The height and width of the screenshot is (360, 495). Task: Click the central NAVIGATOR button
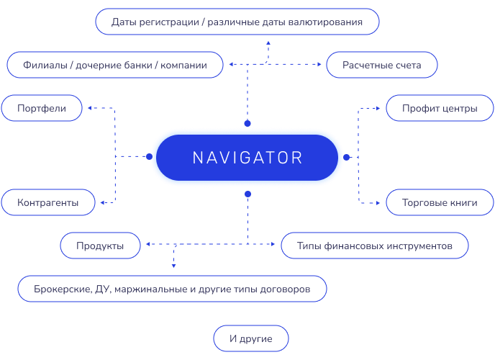click(247, 158)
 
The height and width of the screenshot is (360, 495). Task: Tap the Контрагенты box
click(47, 203)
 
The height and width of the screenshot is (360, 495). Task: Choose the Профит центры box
click(440, 109)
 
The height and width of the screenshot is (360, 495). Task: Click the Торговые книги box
click(440, 203)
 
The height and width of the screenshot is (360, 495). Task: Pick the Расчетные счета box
click(382, 66)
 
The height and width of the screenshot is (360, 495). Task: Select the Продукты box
click(100, 246)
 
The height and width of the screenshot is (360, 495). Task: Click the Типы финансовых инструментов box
click(375, 246)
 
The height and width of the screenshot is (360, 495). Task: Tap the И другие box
click(251, 338)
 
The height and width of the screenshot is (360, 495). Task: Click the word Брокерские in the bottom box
click(62, 289)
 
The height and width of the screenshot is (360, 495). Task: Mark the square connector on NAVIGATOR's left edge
click(149, 156)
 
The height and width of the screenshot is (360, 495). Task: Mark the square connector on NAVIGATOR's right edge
click(346, 157)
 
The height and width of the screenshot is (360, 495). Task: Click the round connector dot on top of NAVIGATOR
click(247, 123)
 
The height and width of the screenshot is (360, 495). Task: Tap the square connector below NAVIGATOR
click(247, 194)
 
